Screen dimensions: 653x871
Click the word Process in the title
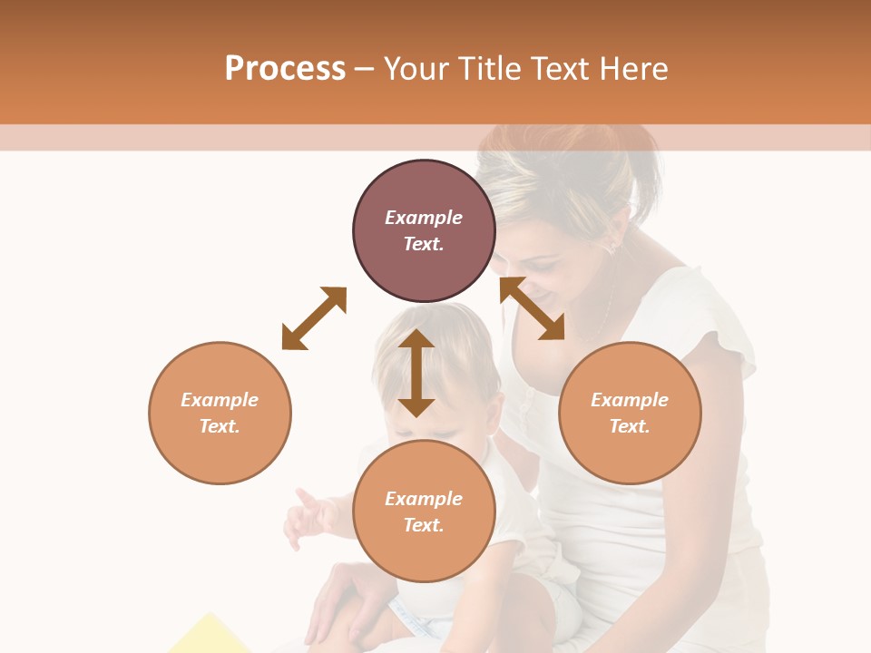tap(285, 68)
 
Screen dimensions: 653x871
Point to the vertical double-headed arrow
tap(416, 373)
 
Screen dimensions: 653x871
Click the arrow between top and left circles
tap(314, 318)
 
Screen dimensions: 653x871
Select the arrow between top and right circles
tap(532, 308)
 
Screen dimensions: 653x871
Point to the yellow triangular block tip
tap(211, 619)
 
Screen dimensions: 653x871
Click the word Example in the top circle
tap(424, 218)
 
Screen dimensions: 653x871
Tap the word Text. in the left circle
tap(220, 426)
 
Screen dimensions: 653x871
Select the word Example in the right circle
tap(630, 400)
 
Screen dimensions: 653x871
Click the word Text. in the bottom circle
tap(424, 525)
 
